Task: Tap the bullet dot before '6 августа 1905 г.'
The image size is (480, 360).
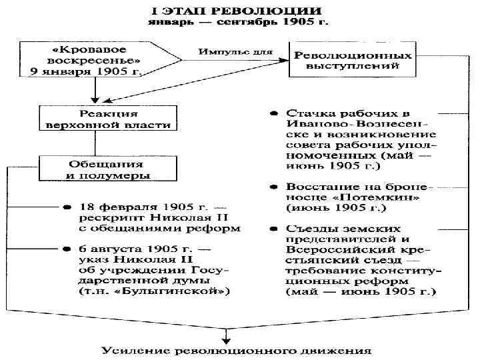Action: pyautogui.click(x=67, y=249)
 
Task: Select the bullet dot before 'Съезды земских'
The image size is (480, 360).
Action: pyautogui.click(x=274, y=228)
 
